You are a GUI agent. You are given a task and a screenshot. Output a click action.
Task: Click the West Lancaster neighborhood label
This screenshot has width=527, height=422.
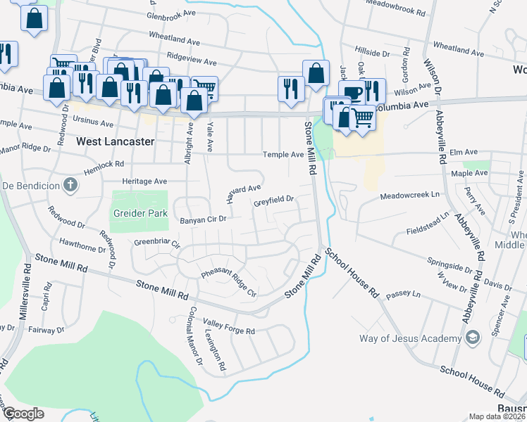click(115, 141)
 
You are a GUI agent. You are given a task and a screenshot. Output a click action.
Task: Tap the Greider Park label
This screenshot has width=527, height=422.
click(138, 212)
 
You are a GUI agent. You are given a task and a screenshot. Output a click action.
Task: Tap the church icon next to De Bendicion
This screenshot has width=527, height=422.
click(69, 186)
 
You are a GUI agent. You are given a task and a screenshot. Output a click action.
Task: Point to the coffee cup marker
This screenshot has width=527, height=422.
click(352, 93)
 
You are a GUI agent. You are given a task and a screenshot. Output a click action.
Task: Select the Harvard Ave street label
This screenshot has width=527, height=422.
click(244, 192)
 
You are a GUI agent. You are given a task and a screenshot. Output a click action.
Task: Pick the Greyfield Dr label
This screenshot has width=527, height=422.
click(273, 203)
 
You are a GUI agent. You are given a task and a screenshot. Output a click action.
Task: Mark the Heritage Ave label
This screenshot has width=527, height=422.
click(145, 181)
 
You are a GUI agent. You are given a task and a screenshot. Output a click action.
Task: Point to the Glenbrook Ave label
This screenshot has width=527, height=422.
click(171, 13)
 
